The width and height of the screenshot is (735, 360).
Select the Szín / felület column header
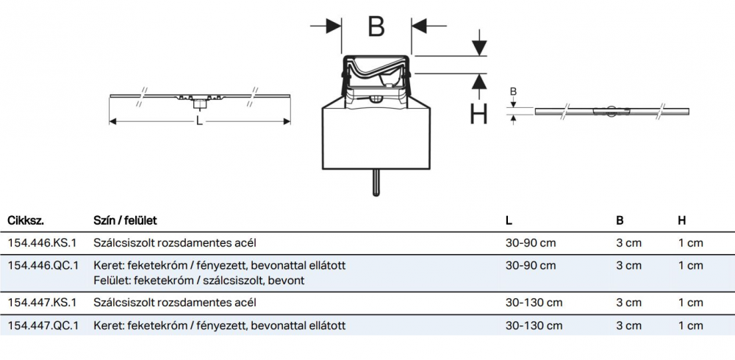[x=125, y=220]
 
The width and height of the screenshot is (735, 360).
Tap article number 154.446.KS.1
[x=42, y=242]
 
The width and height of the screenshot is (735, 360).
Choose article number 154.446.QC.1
[x=43, y=265]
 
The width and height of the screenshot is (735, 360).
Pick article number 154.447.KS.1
[x=42, y=303]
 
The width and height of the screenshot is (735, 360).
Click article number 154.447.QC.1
[x=43, y=325]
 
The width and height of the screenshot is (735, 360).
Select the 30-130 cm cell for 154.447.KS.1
[x=534, y=303]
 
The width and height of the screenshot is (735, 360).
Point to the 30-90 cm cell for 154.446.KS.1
[x=531, y=242]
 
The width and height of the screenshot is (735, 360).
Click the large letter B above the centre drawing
[x=376, y=27]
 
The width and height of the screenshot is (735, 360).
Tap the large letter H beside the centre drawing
[x=478, y=115]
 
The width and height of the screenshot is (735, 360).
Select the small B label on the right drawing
[x=514, y=91]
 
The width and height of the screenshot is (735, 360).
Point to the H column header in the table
[x=681, y=220]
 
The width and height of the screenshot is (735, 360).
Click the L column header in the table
[x=509, y=220]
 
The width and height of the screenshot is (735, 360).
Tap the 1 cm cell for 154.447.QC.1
[x=690, y=325]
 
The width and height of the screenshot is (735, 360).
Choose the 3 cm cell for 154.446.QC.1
[x=628, y=265]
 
